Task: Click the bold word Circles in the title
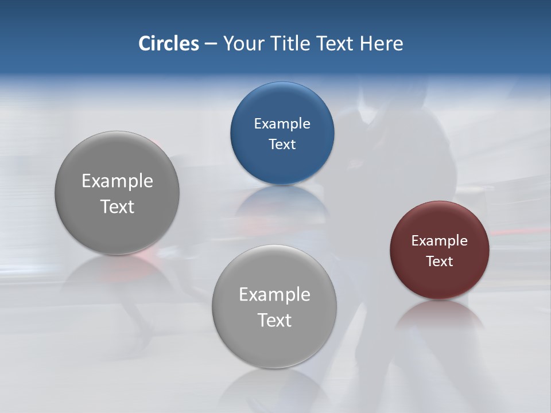(x=168, y=44)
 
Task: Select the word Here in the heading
(x=381, y=44)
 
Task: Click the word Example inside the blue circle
(x=282, y=124)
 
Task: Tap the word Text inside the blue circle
(x=282, y=145)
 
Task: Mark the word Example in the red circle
(x=440, y=241)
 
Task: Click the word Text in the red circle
(x=440, y=262)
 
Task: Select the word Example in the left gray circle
(x=117, y=181)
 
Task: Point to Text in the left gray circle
(x=117, y=206)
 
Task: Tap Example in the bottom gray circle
(x=274, y=295)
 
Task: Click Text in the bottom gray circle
(x=274, y=320)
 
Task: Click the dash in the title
(x=211, y=44)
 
